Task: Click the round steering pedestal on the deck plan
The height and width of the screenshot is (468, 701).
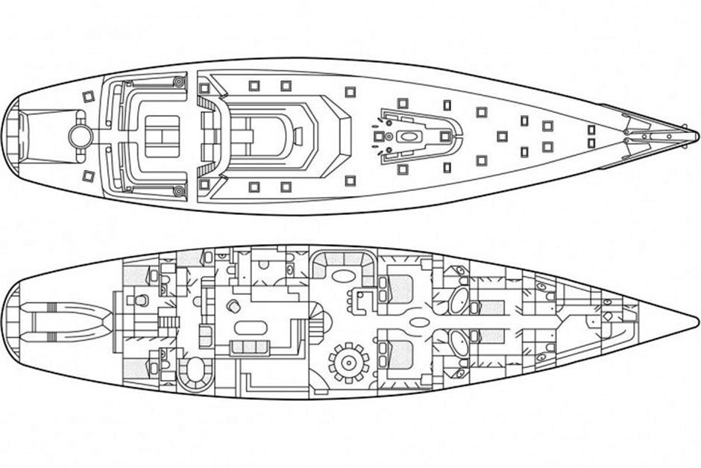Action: [x=81, y=135]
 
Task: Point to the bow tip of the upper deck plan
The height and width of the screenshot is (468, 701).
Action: [x=696, y=135]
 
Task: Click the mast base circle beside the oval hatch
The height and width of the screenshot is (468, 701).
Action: [x=389, y=137]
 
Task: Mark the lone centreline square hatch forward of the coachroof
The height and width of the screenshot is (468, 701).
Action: [x=502, y=136]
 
